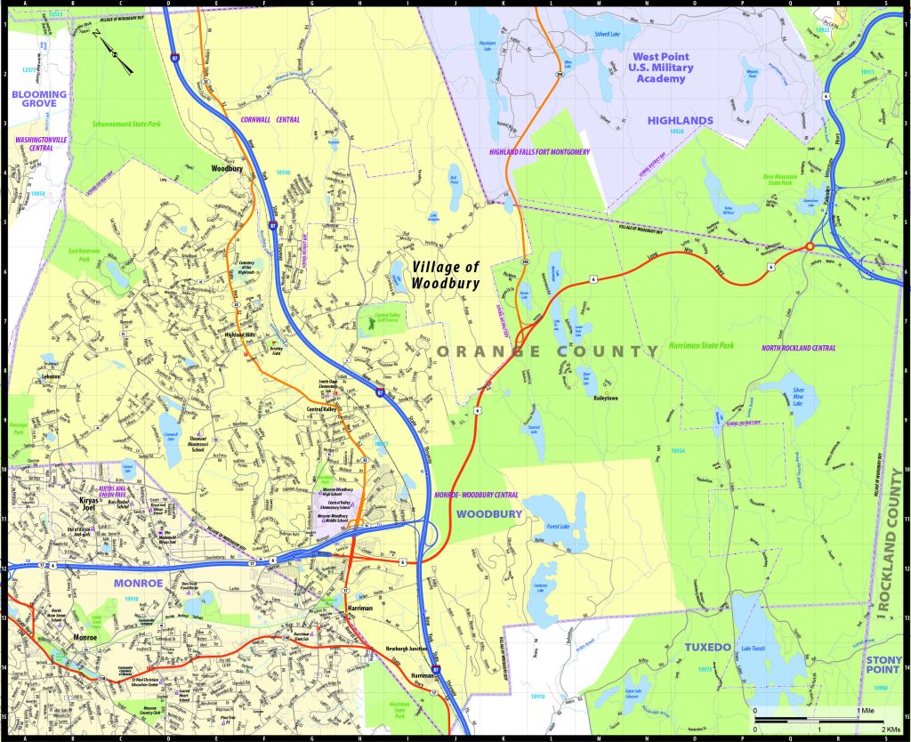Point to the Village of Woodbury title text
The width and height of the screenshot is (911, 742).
pos(446,276)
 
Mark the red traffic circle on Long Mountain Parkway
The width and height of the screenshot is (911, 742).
pos(810,246)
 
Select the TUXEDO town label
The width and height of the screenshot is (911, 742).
pos(708,647)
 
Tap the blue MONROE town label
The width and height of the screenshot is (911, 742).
pos(138,584)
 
